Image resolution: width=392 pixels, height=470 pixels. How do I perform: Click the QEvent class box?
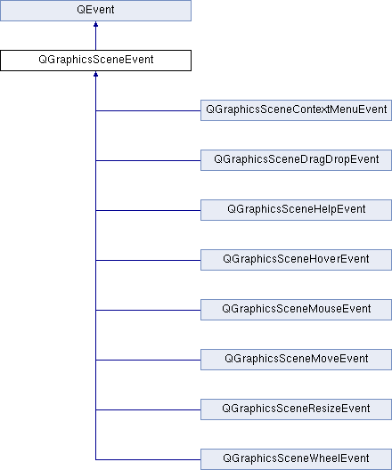pyautogui.click(x=95, y=11)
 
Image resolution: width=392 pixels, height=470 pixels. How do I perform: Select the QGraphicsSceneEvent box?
pyautogui.click(x=95, y=61)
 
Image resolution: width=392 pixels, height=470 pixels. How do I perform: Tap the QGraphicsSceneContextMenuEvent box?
pyautogui.click(x=296, y=110)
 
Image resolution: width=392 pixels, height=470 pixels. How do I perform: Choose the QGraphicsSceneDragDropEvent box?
pyautogui.click(x=296, y=160)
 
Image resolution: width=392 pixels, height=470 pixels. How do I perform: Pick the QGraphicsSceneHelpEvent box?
pyautogui.click(x=296, y=210)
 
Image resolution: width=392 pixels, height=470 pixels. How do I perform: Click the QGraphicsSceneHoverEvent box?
pyautogui.click(x=296, y=260)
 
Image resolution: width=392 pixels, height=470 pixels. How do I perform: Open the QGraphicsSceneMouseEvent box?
pyautogui.click(x=296, y=310)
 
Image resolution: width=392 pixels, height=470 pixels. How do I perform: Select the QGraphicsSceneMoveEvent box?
pyautogui.click(x=296, y=360)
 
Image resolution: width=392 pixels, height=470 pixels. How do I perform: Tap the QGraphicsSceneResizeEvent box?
pyautogui.click(x=296, y=409)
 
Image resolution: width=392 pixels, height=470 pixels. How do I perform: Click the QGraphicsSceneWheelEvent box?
pyautogui.click(x=296, y=459)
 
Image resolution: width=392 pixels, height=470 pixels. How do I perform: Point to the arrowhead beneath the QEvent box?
pyautogui.click(x=95, y=24)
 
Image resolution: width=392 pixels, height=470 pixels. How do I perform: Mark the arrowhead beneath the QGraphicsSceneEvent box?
pyautogui.click(x=95, y=74)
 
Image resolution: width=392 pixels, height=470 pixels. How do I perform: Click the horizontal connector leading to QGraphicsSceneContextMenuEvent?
pyautogui.click(x=148, y=110)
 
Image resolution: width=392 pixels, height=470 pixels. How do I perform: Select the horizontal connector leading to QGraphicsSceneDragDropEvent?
pyautogui.click(x=148, y=160)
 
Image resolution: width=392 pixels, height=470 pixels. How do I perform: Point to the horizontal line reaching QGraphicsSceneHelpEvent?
pyautogui.click(x=148, y=210)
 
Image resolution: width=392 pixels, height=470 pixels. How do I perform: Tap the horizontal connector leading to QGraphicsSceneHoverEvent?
pyautogui.click(x=148, y=260)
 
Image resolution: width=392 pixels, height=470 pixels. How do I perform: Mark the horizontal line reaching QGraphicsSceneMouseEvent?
pyautogui.click(x=148, y=310)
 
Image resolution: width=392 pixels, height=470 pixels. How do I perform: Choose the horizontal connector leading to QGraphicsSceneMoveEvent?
pyautogui.click(x=148, y=360)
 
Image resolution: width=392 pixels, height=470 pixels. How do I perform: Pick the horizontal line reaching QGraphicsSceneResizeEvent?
pyautogui.click(x=148, y=409)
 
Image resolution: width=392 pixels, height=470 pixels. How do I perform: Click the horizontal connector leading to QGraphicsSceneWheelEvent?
pyautogui.click(x=148, y=459)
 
